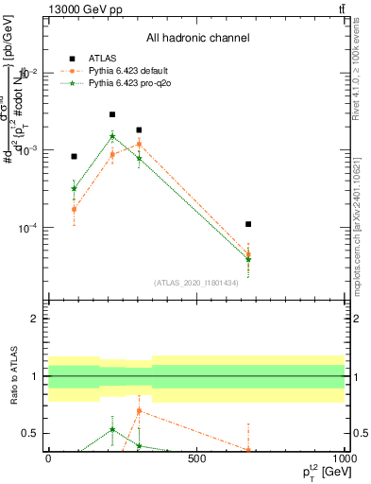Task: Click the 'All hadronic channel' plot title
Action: coord(197,38)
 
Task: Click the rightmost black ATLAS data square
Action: coord(248,224)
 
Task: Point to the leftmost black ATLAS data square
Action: coord(74,156)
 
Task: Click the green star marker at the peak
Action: coord(112,136)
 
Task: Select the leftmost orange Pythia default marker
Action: coord(74,209)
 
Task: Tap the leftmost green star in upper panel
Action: coord(74,188)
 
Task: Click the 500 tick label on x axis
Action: coord(196,459)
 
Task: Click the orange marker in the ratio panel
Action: coord(139,411)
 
